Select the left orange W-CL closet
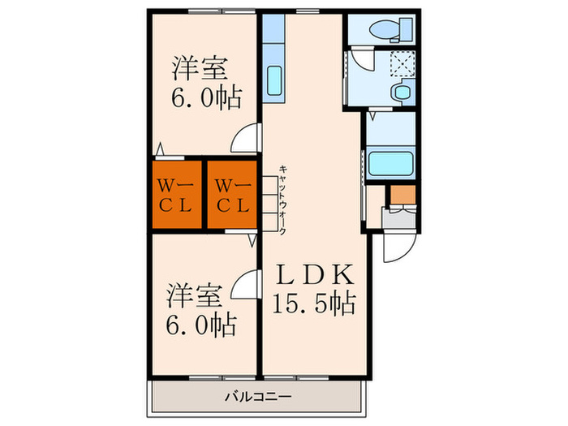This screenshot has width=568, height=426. [174, 194]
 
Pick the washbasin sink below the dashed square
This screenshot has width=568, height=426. [399, 93]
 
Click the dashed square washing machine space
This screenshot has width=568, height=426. [398, 62]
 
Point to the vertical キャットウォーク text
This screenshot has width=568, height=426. [282, 196]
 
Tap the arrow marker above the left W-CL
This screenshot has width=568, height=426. [161, 149]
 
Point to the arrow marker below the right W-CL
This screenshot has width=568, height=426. [253, 239]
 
